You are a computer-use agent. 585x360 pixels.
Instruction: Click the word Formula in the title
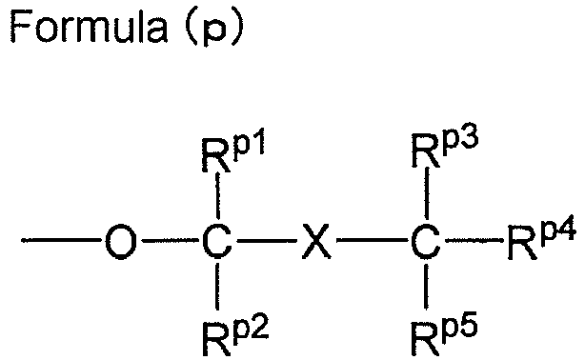[x=89, y=25]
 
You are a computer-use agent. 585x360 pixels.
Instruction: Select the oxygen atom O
[x=120, y=241]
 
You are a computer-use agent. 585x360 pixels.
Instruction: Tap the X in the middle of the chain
[x=316, y=241]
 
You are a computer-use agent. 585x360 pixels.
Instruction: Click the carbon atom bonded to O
[x=217, y=241]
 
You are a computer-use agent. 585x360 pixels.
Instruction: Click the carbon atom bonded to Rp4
[x=426, y=241]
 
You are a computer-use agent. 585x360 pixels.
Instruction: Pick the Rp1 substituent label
[x=233, y=150]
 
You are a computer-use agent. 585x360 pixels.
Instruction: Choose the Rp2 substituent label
[x=235, y=334]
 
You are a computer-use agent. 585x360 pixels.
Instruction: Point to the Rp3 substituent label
[x=445, y=150]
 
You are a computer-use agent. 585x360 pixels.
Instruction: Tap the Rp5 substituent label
[x=444, y=334]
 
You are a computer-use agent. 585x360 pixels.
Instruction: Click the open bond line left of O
[x=61, y=241]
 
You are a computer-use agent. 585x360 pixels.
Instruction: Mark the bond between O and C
[x=171, y=241]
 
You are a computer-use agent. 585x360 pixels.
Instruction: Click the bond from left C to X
[x=267, y=241]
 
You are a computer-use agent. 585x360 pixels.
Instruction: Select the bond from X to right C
[x=373, y=241]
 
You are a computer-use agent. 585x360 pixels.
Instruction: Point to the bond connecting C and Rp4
[x=474, y=241]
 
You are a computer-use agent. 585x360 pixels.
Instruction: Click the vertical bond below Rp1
[x=218, y=195]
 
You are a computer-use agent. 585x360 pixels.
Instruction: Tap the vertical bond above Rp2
[x=218, y=287]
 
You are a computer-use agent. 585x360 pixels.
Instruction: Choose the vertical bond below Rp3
[x=427, y=193]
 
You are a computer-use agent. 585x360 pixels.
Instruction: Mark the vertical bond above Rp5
[x=427, y=287]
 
